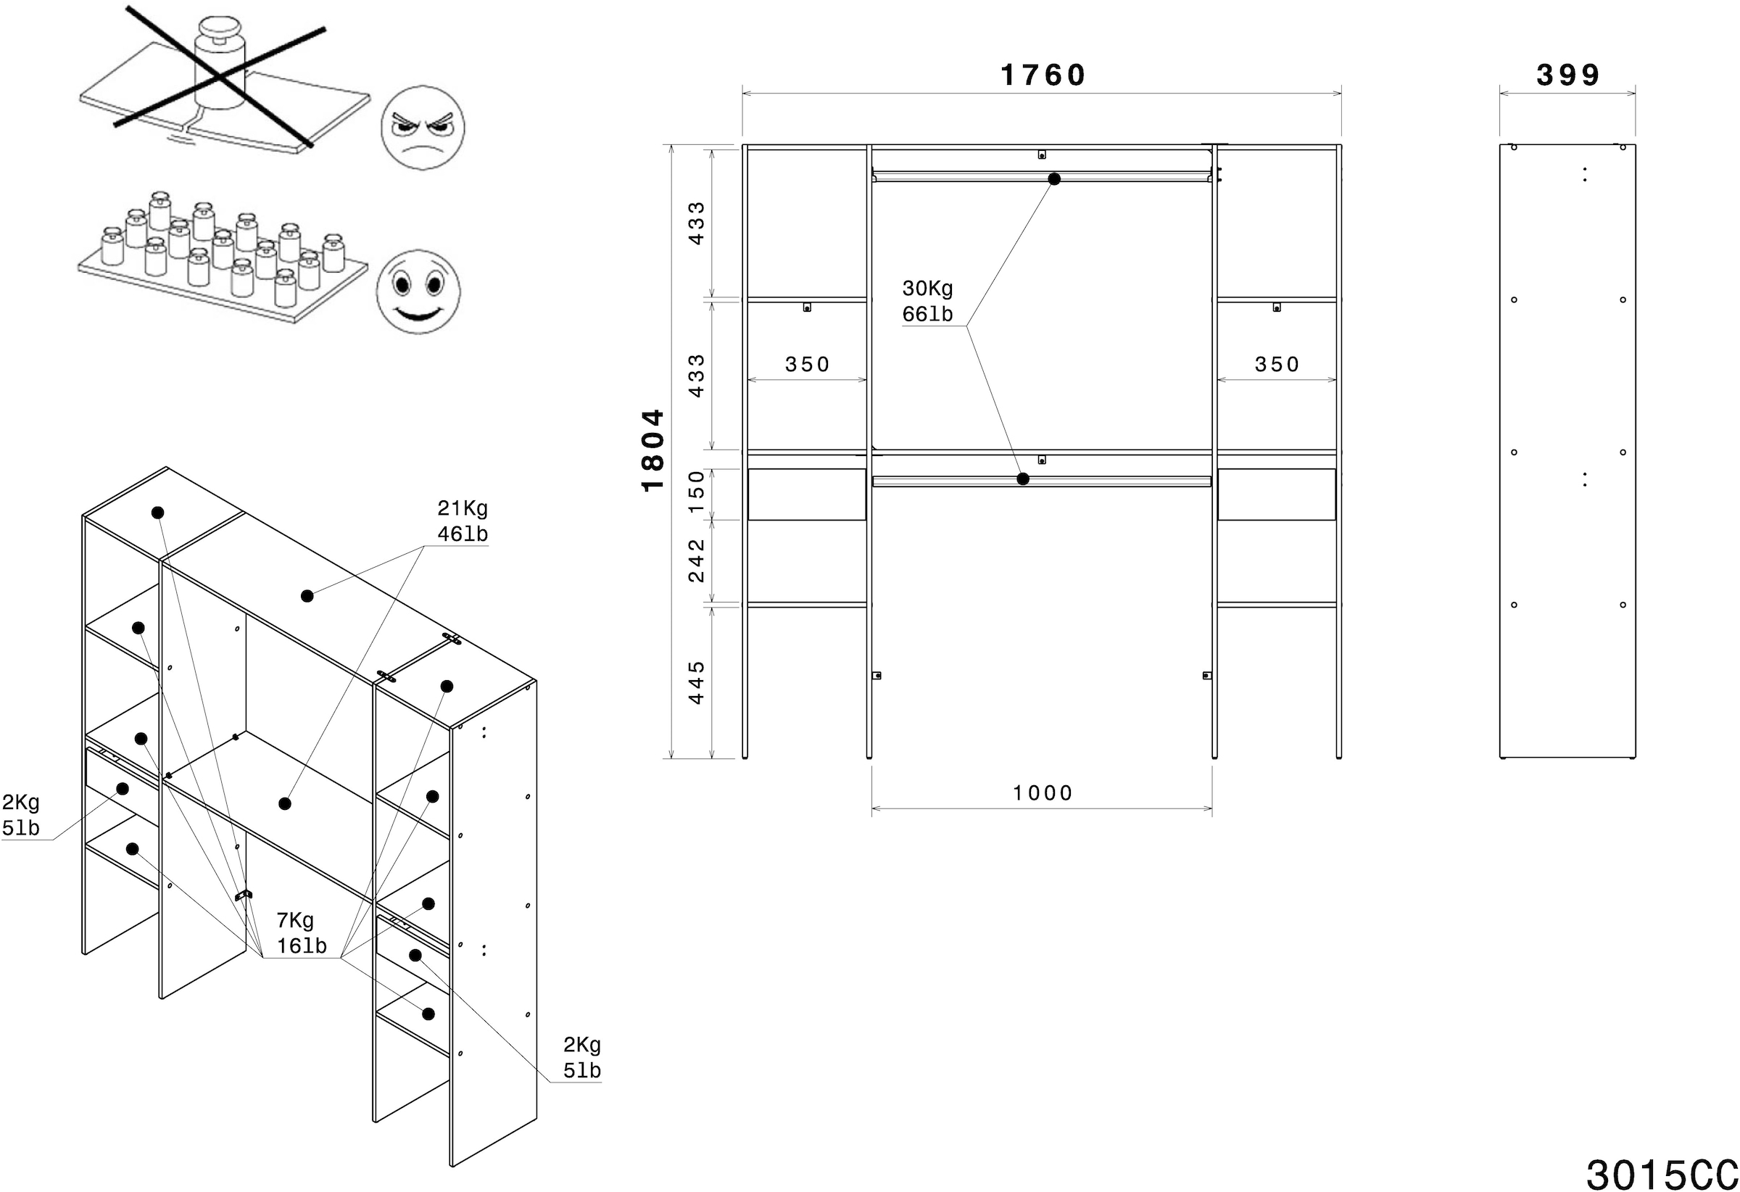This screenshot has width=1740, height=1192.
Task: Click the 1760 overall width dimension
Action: (1043, 75)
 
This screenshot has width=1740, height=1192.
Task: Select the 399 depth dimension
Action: (1567, 75)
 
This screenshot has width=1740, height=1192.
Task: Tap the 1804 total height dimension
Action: (653, 450)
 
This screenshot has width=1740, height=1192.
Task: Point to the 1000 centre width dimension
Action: (1043, 793)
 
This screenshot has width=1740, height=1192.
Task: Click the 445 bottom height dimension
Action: (696, 682)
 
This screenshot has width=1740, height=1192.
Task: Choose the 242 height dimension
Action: (696, 560)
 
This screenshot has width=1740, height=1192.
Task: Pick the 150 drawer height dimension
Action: (696, 492)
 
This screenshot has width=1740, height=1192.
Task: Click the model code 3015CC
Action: (1661, 1174)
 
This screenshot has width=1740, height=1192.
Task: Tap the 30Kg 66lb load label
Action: (928, 301)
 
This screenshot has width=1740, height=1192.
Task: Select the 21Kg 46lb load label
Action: (463, 521)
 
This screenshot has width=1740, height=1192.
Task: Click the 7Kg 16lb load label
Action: (301, 933)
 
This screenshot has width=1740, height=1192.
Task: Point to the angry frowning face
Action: (422, 128)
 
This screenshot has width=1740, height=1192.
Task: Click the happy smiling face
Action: (418, 292)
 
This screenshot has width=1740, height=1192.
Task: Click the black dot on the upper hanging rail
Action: (1054, 179)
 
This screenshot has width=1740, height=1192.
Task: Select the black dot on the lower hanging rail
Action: (1023, 479)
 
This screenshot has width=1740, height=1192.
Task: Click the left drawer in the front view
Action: (806, 494)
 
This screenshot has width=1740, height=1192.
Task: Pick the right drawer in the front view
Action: (1276, 494)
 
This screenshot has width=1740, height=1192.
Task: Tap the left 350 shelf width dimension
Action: (806, 365)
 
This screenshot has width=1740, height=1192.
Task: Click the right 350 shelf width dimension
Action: (1276, 365)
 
